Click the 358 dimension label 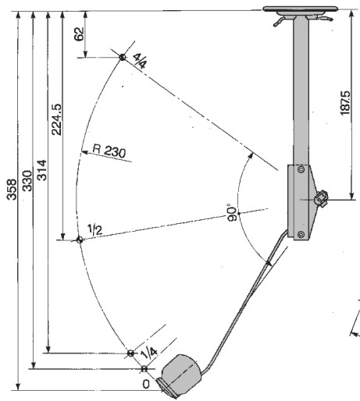click(12, 190)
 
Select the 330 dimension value click(27, 181)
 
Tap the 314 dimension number click(42, 170)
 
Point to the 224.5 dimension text click(57, 119)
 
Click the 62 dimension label click(80, 34)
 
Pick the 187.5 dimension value click(345, 103)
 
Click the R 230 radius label click(109, 151)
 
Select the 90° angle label click(233, 212)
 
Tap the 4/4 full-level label click(141, 61)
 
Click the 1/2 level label click(94, 229)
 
